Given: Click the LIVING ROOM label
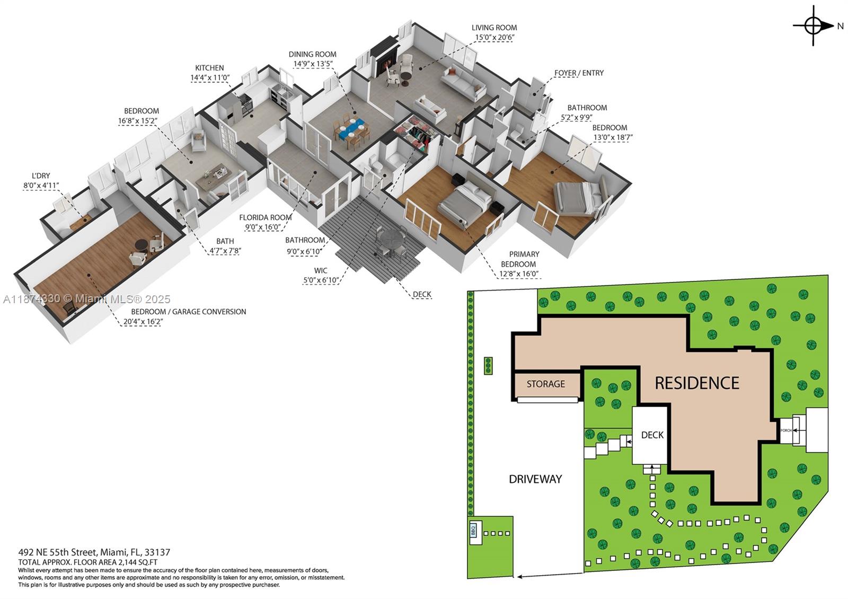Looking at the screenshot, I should point(494,28).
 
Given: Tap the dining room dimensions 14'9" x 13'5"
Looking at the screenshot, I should point(313,64).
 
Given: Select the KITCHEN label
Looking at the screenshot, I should point(209,68).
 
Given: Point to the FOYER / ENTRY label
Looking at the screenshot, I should point(579,73).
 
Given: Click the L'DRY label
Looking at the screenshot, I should point(40,176).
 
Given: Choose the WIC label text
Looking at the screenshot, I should point(321,270).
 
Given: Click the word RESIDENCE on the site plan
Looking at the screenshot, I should point(696,383).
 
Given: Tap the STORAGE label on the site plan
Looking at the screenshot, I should point(545,384).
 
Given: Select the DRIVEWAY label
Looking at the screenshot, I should point(535,479).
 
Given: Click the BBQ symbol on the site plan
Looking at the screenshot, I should point(474,530).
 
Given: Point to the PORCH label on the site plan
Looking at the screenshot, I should point(786,430).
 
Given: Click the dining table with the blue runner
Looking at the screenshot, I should point(351,130).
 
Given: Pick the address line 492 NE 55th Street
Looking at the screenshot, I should point(94,552).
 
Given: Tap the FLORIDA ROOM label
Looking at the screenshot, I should point(265,217).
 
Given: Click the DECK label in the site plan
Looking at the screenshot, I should point(652,435).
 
